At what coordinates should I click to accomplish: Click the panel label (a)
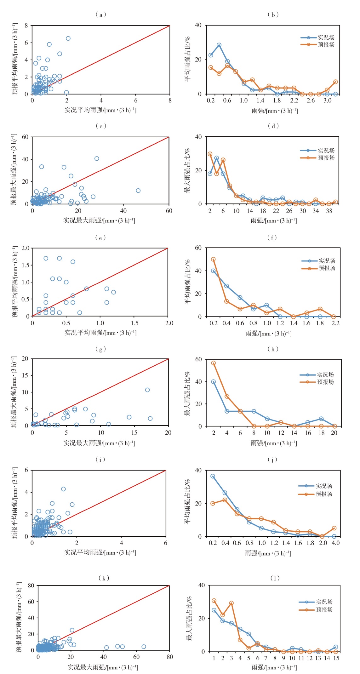point(100,14)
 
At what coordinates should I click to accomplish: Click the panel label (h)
point(273,349)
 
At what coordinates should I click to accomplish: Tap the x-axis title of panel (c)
point(99,220)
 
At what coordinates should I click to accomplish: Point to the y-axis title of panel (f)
point(188,282)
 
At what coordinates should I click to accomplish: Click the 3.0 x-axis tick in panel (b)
point(327,100)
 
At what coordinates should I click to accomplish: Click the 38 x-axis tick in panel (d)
point(329,211)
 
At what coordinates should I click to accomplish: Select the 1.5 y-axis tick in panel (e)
point(26,265)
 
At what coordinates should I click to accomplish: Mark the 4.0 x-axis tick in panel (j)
point(335,543)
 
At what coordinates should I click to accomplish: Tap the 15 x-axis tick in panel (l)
point(336,658)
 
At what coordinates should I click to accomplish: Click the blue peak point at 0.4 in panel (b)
point(219,45)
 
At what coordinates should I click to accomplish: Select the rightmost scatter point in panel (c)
point(138,191)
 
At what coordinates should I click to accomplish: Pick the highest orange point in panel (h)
point(214,363)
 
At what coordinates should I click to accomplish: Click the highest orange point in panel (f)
point(213,260)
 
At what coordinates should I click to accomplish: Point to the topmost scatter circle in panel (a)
point(68,38)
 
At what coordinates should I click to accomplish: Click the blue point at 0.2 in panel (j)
point(213,476)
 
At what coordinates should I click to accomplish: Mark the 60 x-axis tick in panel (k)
point(136,657)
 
